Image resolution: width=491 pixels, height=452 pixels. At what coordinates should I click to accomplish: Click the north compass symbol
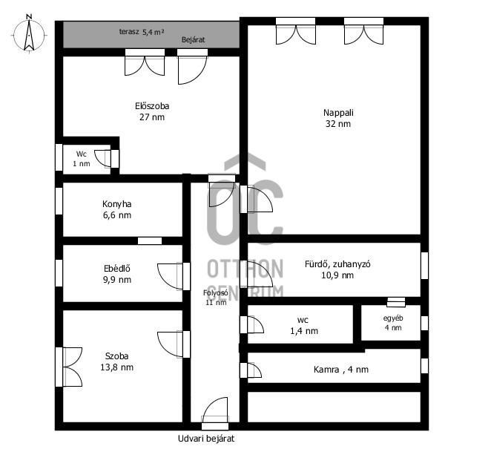point(29,34)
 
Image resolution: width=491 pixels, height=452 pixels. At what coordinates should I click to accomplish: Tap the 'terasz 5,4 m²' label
point(142,32)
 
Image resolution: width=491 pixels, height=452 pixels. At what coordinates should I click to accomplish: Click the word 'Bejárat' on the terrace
point(193,40)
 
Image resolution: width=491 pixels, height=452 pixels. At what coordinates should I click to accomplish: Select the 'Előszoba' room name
point(152,106)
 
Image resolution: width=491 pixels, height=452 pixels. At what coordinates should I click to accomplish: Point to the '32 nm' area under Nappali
point(338,124)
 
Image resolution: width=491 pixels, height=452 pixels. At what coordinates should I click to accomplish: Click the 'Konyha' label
point(116,204)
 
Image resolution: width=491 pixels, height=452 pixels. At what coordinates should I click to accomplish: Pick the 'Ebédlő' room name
point(116,269)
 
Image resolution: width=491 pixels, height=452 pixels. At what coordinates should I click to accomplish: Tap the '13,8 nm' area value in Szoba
point(116,367)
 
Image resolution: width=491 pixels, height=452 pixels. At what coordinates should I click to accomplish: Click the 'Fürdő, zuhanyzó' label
point(337,264)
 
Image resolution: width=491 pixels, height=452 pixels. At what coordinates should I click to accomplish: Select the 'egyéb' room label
point(393,318)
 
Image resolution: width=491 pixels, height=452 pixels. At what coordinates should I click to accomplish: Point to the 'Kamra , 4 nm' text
point(341,370)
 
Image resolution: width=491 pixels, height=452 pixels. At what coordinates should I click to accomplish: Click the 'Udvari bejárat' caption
point(206,439)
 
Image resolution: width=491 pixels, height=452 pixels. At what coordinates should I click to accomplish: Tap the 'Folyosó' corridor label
point(215,293)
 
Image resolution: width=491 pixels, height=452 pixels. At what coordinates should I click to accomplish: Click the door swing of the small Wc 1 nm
point(102,159)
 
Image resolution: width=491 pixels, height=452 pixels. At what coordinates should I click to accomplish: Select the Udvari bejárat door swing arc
point(215,410)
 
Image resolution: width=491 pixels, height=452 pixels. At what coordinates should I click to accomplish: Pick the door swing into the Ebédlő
point(170,277)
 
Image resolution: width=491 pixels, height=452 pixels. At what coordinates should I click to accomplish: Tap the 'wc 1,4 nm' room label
point(304,326)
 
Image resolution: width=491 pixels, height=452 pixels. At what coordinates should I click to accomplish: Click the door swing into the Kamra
point(254,370)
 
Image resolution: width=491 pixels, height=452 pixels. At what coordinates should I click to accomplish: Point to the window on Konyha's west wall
point(59,201)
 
